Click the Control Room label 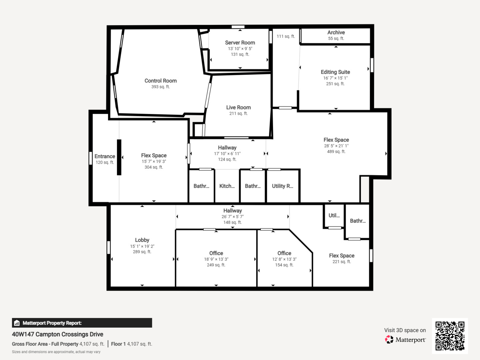[161, 81]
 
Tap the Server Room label [240, 43]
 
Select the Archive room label [336, 32]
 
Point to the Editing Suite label [335, 72]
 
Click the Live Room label [238, 107]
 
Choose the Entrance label [105, 156]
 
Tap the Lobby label [142, 240]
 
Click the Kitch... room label [227, 186]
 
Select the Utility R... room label [283, 186]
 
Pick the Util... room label [334, 215]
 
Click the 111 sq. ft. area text [286, 36]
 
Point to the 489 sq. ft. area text [336, 151]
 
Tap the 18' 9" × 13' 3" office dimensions [216, 259]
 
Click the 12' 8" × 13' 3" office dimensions [284, 259]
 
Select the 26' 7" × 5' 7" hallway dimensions [232, 216]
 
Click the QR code [450, 336]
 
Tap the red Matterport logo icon [389, 339]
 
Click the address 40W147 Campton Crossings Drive [58, 334]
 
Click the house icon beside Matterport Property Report [17, 323]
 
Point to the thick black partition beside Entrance [119, 157]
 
